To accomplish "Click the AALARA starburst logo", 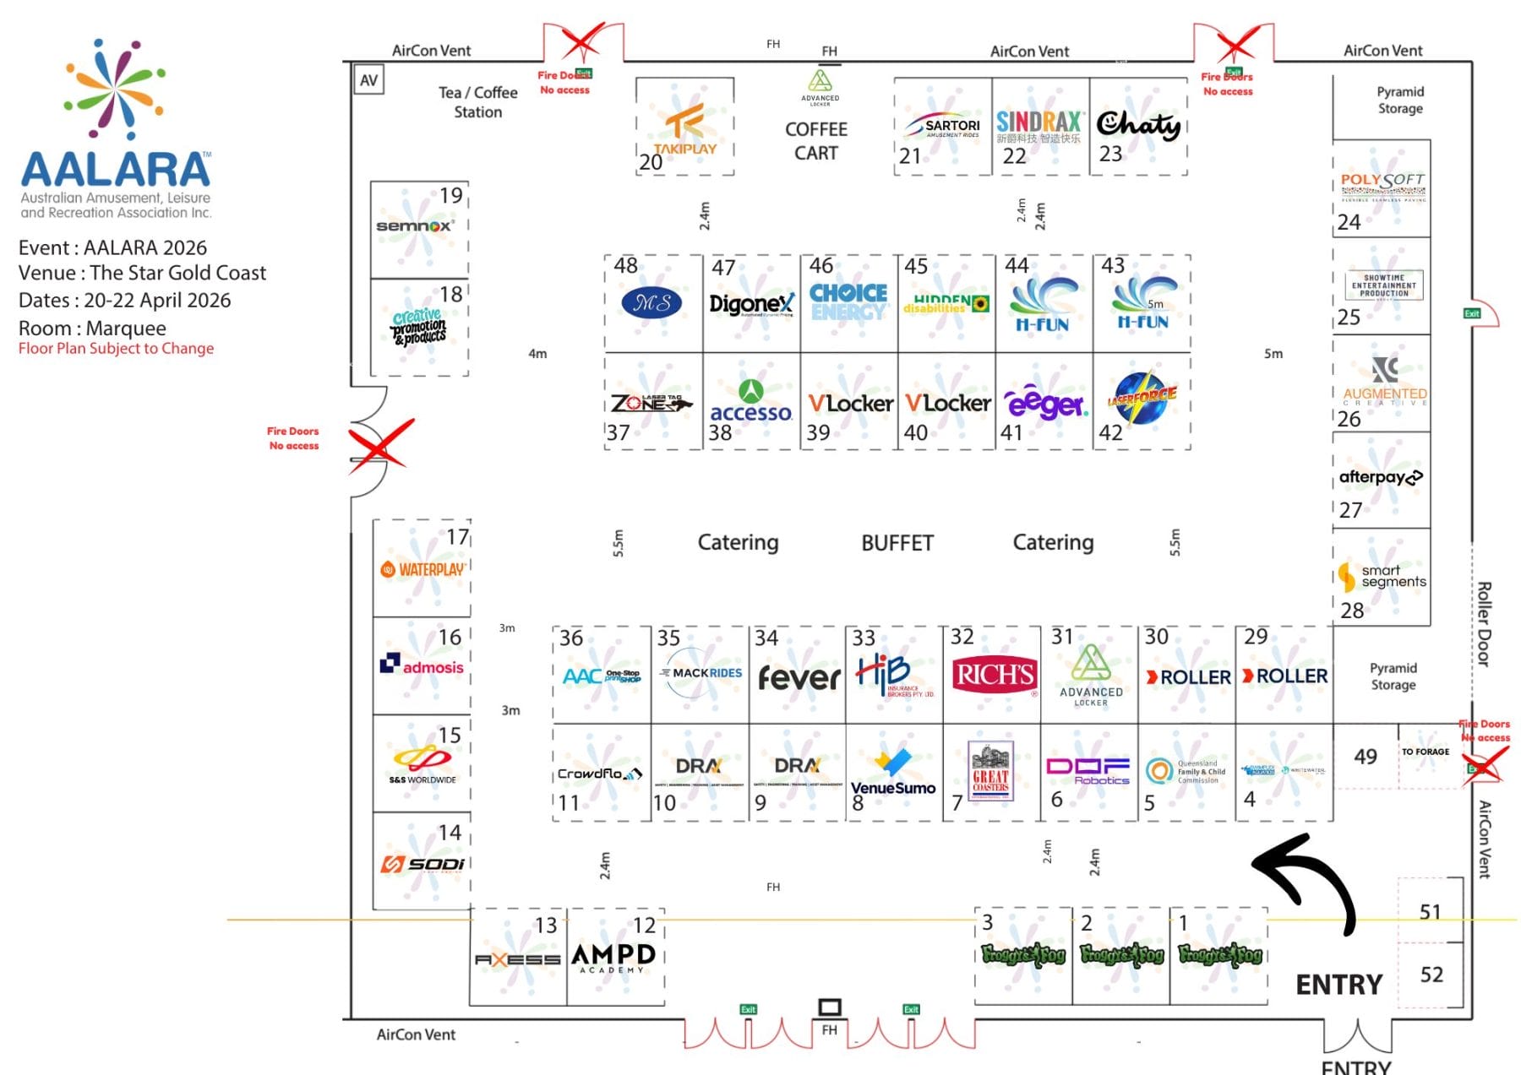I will pos(114,89).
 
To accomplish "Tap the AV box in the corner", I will pos(368,80).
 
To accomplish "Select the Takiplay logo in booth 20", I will pos(684,131).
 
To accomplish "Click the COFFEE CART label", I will pos(815,141).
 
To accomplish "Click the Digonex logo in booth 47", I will pos(751,303).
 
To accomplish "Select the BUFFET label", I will pos(897,543).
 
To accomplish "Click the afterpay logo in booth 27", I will pos(1381,477).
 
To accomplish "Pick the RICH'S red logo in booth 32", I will pos(995,675).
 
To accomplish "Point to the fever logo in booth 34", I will pos(799,677).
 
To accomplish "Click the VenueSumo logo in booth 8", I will pos(893,773).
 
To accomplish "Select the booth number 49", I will pos(1366,757).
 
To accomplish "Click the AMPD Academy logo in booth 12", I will pos(613,957).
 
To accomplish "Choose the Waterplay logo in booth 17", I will pos(422,570).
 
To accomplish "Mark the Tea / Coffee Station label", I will pos(477,102).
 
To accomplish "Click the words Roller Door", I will pos(1484,624).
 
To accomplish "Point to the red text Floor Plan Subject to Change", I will pos(116,349).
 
